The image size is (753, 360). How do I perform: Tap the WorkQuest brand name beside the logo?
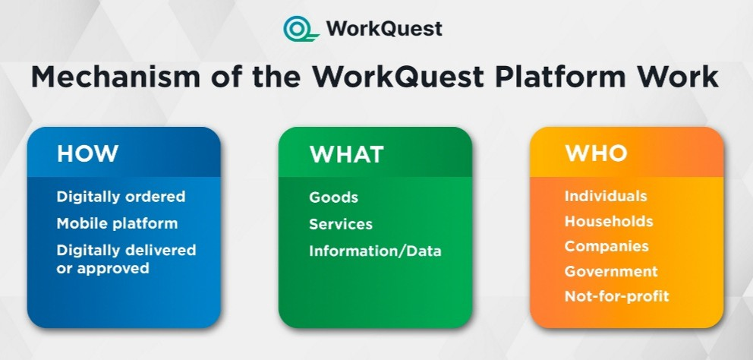[x=384, y=28]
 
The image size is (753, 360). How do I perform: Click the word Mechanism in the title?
[x=115, y=77]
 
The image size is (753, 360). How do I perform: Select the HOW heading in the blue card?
[x=87, y=153]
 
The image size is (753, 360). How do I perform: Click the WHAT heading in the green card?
[x=346, y=154]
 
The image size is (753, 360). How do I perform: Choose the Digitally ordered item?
[x=121, y=197]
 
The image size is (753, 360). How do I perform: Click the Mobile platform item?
[x=117, y=223]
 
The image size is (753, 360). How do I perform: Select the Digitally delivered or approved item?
[x=126, y=258]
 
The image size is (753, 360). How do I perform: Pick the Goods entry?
[x=334, y=197]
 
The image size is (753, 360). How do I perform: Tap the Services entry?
[x=341, y=224]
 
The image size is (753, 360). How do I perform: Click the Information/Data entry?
[x=375, y=251]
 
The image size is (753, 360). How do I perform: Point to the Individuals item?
[x=606, y=196]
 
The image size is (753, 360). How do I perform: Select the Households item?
[x=609, y=221]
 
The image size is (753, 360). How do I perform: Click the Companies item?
[x=606, y=247]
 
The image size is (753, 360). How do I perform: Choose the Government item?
[x=611, y=271]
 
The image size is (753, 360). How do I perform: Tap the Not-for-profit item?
[x=617, y=296]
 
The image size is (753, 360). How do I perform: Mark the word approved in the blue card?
[x=113, y=269]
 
